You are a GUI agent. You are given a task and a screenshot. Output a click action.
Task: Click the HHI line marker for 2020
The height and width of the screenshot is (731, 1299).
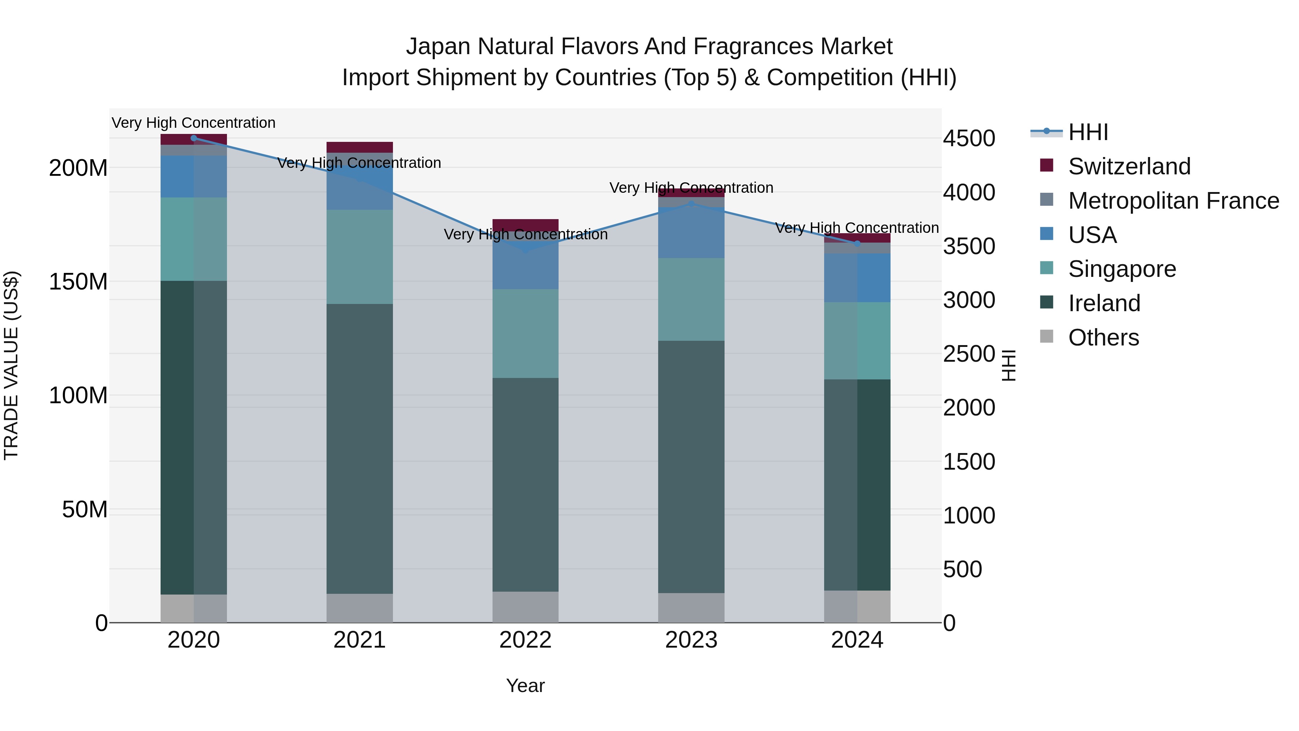point(194,138)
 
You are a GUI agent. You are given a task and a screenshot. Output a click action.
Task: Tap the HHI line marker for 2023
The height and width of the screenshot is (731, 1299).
point(691,204)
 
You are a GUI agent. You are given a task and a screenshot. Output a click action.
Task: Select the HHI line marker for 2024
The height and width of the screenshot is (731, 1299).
point(857,244)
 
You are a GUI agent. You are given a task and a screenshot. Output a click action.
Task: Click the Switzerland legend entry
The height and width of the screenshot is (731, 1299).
point(1129,166)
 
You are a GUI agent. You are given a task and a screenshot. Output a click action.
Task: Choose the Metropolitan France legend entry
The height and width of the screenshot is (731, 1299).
point(1173,200)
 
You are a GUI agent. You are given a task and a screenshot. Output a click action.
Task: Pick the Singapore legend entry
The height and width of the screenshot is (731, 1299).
point(1122,269)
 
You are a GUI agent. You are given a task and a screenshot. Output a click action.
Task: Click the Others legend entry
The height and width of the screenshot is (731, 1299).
point(1103,338)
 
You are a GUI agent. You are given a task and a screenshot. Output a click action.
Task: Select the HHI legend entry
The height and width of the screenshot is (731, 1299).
point(1088,132)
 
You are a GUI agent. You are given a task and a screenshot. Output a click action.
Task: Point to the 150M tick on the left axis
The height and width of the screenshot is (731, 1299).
point(78,282)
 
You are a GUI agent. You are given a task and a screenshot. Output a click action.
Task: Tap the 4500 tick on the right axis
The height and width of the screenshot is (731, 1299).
point(969,138)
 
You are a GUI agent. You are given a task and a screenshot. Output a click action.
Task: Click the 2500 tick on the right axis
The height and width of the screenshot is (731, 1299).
point(969,354)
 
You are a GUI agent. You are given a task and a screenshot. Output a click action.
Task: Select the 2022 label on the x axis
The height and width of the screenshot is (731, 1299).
point(525,640)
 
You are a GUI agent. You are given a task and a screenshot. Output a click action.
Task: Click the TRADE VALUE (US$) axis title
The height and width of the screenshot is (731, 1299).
point(11,365)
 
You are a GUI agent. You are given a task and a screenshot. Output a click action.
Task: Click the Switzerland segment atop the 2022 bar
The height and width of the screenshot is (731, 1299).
point(525,225)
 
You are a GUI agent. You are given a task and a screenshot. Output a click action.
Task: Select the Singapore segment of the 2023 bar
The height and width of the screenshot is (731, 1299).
point(691,299)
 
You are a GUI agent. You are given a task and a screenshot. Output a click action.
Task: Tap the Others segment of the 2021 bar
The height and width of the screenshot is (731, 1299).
point(359,608)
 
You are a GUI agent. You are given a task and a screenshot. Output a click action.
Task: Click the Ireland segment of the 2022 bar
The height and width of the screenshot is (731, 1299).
point(525,484)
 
